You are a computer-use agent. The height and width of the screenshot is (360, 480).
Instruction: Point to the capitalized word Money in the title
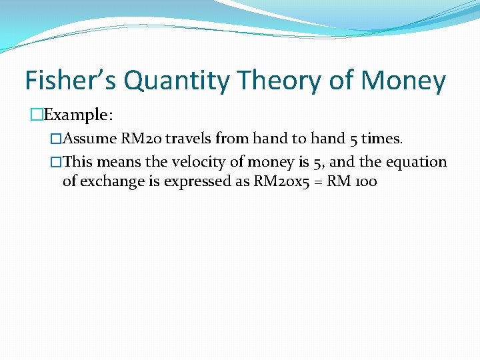(x=403, y=81)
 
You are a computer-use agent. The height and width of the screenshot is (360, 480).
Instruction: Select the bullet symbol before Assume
(x=56, y=139)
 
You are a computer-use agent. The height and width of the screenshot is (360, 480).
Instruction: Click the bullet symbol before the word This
(x=56, y=162)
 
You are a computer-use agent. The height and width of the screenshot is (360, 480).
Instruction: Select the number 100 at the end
(x=366, y=181)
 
